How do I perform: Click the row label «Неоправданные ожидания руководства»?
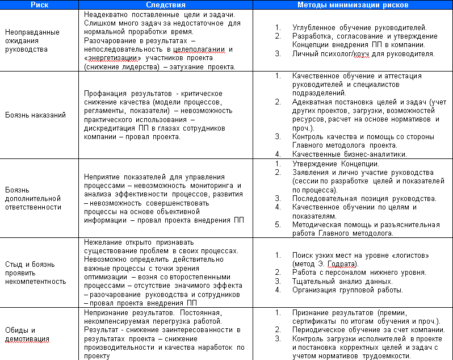pyautogui.click(x=32, y=40)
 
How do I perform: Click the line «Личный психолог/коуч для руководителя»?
pyautogui.click(x=363, y=54)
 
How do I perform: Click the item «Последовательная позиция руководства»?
pyautogui.click(x=364, y=199)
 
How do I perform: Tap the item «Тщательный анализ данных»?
pyautogui.click(x=342, y=281)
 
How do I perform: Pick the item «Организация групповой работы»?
pyautogui.click(x=347, y=290)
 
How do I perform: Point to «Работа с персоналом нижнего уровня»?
pyautogui.click(x=359, y=273)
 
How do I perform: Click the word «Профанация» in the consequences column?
pyautogui.click(x=103, y=93)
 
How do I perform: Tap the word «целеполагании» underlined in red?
pyautogui.click(x=200, y=49)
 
